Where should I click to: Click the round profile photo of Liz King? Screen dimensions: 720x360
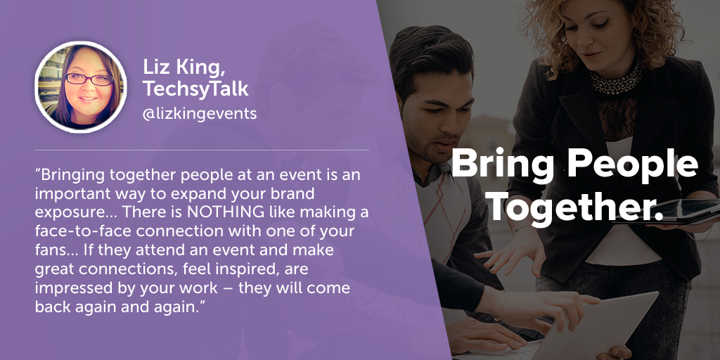coord(81,87)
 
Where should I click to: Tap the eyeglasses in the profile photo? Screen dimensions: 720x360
coord(89,79)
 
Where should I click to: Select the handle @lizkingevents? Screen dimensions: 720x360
coord(200,113)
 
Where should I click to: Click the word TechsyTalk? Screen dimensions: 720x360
coord(195,89)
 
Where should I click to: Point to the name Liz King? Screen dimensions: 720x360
coord(183,68)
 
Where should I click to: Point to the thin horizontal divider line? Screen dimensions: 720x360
coord(202,150)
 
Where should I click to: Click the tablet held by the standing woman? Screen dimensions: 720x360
coord(670,212)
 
